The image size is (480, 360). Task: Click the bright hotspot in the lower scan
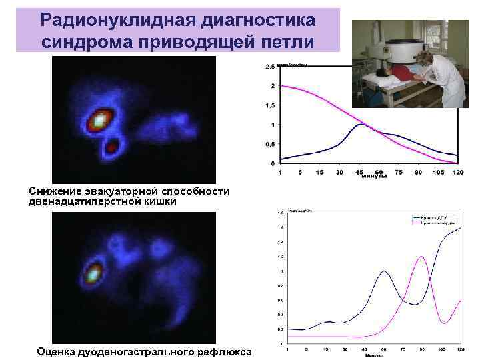(93, 271)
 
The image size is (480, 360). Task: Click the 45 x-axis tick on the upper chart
(360, 172)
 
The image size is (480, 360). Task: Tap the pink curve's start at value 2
(282, 86)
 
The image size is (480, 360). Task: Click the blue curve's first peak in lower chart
(383, 272)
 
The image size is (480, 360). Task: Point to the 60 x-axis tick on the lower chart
(383, 349)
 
